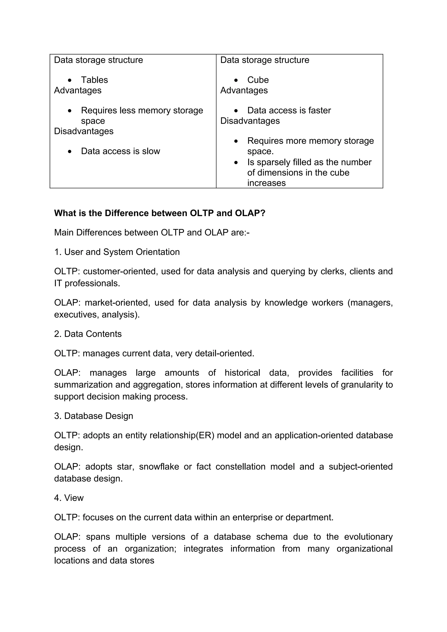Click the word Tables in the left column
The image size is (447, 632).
point(94,80)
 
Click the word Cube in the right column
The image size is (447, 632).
point(258,80)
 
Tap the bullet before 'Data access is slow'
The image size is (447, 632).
point(70,151)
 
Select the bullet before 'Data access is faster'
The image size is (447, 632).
point(236,111)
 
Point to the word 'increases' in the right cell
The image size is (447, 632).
point(266,183)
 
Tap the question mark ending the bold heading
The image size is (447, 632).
point(263,213)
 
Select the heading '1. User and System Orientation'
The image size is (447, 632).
point(117,252)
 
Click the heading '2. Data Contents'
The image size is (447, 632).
point(88,334)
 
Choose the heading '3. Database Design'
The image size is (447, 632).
point(93,416)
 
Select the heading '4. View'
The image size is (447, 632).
point(69,498)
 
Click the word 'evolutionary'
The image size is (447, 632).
point(368,537)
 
